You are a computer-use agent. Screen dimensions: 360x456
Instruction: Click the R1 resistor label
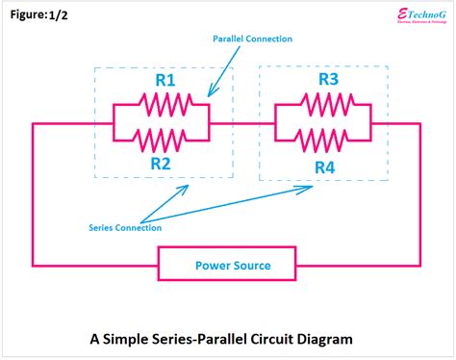click(x=166, y=82)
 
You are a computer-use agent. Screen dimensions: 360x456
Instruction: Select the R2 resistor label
click(x=161, y=163)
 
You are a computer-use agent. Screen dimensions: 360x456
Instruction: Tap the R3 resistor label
click(x=327, y=81)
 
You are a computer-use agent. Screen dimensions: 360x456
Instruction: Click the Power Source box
click(x=232, y=265)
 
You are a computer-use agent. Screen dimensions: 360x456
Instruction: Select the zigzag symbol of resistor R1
click(x=161, y=104)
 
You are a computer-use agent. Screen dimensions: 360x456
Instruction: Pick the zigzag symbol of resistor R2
click(x=161, y=141)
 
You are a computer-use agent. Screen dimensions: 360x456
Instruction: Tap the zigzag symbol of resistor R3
click(x=323, y=104)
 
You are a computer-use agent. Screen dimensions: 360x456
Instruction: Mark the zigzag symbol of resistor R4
click(x=323, y=141)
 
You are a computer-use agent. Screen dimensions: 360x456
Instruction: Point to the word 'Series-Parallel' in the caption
click(x=200, y=339)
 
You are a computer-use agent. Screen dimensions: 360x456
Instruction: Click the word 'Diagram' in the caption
click(x=323, y=339)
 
